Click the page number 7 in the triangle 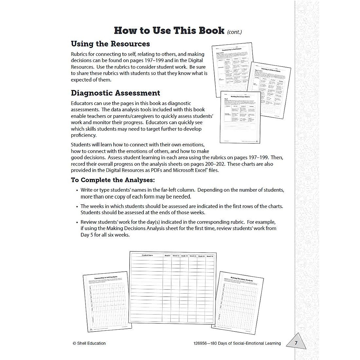pyautogui.click(x=296, y=343)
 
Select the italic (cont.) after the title pyautogui.click(x=235, y=32)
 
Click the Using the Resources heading pyautogui.click(x=110, y=44)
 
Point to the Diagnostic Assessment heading pyautogui.click(x=115, y=93)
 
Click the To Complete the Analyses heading pyautogui.click(x=113, y=180)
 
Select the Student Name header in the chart pyautogui.click(x=147, y=255)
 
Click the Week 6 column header pyautogui.click(x=167, y=256)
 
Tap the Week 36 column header pyautogui.click(x=210, y=256)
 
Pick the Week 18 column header pyautogui.click(x=184, y=256)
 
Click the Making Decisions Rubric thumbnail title pyautogui.click(x=240, y=97)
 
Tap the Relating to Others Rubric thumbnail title pyautogui.click(x=271, y=70)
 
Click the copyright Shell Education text pyautogui.click(x=89, y=343)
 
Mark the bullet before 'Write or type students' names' pyautogui.click(x=77, y=190)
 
